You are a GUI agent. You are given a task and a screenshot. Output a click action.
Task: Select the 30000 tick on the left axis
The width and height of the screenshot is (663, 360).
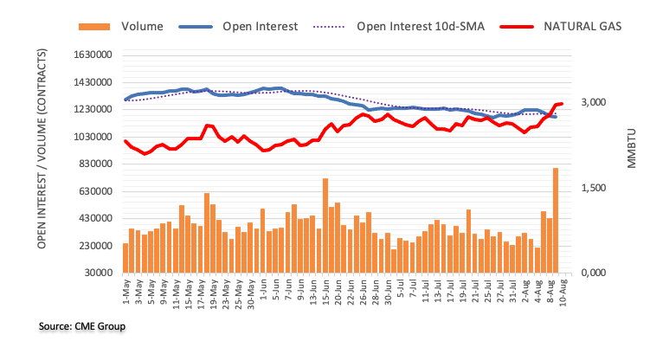point(98,273)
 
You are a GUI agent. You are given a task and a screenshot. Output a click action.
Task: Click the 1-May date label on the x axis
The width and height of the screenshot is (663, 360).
point(125,292)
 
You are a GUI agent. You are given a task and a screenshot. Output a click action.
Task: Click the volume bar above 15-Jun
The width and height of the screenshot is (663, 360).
point(325,226)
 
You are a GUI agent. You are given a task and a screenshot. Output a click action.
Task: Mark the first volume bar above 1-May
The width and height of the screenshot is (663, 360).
point(126,258)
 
